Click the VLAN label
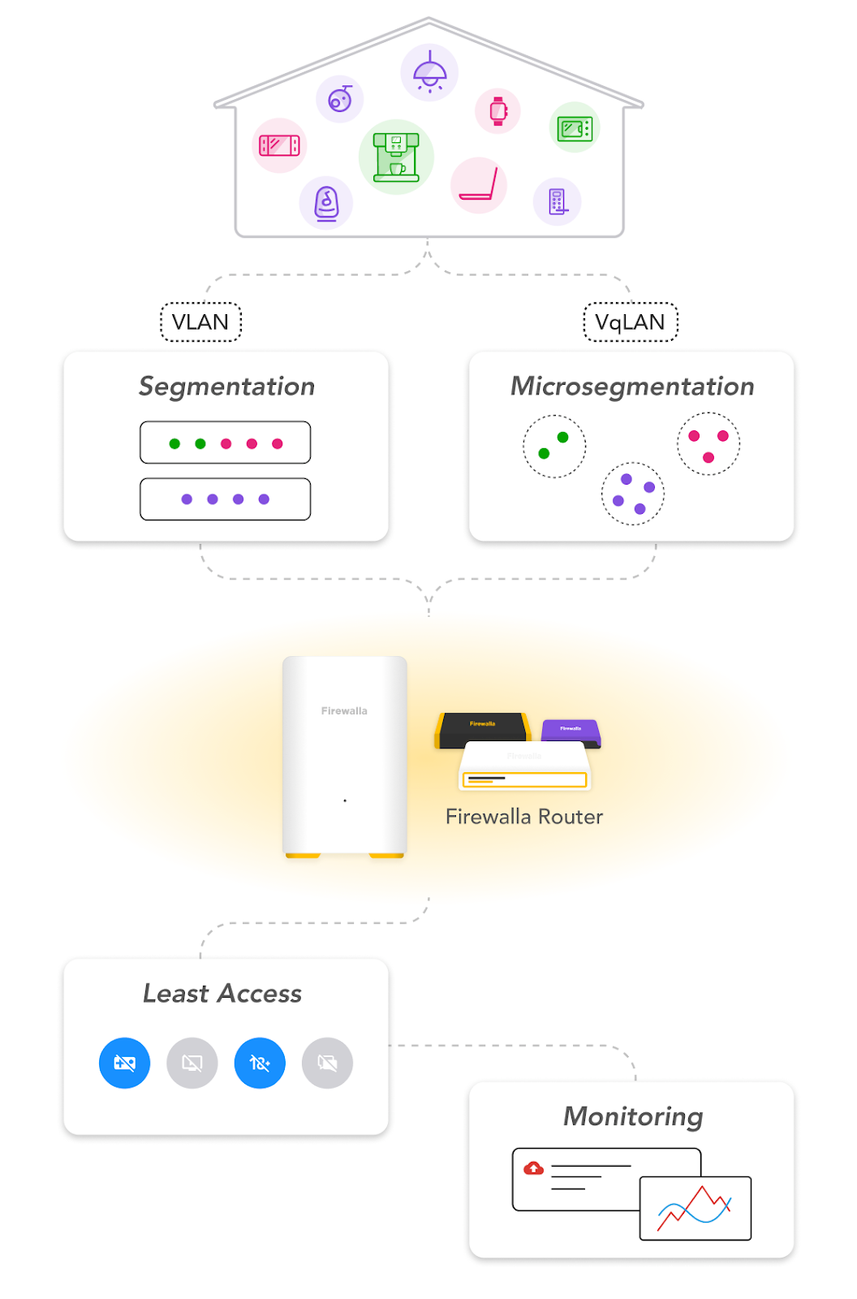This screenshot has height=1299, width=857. click(200, 322)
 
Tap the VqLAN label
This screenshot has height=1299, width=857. click(630, 322)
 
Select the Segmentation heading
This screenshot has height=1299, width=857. click(226, 386)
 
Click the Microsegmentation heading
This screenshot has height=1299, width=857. click(631, 386)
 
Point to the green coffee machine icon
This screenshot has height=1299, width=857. click(396, 157)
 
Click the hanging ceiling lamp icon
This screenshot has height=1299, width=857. click(429, 72)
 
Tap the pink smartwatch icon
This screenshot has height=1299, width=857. click(498, 110)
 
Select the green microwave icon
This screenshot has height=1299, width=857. click(575, 127)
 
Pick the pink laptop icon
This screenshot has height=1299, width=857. click(479, 185)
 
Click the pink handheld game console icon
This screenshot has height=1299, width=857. click(279, 145)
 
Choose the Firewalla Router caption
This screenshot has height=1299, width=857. click(524, 817)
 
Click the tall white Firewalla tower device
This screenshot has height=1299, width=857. click(344, 755)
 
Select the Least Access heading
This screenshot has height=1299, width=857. click(222, 994)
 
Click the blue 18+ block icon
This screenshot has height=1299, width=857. click(260, 1063)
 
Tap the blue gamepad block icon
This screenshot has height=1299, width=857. click(124, 1063)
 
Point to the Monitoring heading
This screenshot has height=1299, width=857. click(633, 1116)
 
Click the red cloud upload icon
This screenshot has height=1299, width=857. click(533, 1168)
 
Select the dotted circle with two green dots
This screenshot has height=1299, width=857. click(554, 447)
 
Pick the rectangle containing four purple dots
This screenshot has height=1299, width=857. click(225, 499)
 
